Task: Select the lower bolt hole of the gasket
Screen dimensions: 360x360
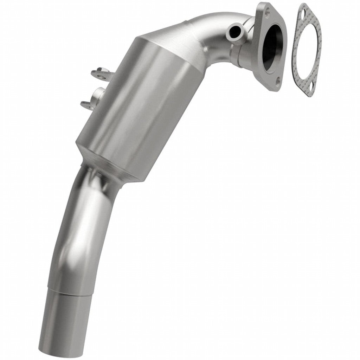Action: click(x=311, y=89)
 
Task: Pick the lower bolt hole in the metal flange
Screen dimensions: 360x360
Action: click(x=278, y=82)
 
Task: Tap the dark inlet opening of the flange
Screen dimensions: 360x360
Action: click(x=273, y=47)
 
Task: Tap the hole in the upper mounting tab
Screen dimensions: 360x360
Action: click(x=100, y=74)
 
